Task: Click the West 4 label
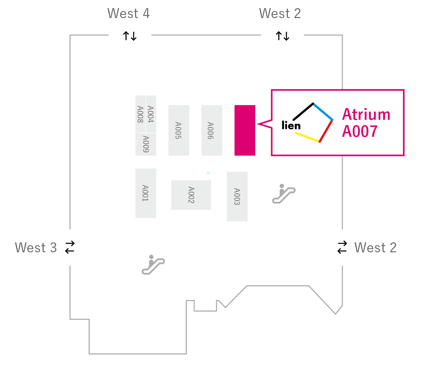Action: [x=128, y=13]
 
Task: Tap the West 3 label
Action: [x=36, y=247]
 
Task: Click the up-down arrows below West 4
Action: [x=130, y=36]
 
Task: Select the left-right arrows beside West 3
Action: [x=70, y=247]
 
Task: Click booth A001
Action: [x=146, y=193]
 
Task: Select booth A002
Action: [x=191, y=195]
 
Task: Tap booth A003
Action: [x=237, y=197]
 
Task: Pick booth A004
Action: [x=151, y=114]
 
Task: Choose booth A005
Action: [x=179, y=130]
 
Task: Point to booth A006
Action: [x=212, y=130]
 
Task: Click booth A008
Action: [x=140, y=114]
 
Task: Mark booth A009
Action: [x=146, y=144]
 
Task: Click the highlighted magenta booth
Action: [x=245, y=130]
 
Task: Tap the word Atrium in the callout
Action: [x=366, y=114]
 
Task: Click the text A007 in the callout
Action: [x=360, y=131]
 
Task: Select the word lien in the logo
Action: [x=291, y=125]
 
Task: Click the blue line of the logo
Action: [x=323, y=112]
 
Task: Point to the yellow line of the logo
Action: [x=307, y=137]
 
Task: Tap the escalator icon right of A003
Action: [x=284, y=193]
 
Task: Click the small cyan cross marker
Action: [x=208, y=173]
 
